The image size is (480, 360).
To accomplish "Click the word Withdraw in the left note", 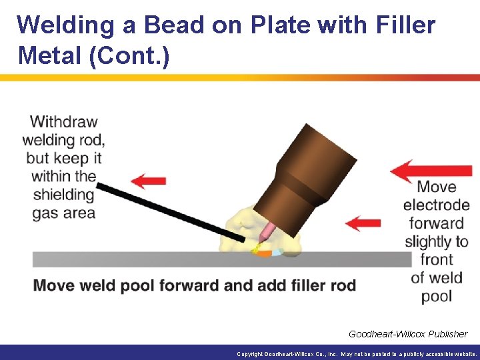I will tap(64, 122).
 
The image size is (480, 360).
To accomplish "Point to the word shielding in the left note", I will tap(63, 195).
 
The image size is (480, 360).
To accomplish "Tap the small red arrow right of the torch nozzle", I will tap(364, 222).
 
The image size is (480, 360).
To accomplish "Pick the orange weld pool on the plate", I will tap(264, 253).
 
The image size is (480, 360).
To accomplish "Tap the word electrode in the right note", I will tap(436, 205).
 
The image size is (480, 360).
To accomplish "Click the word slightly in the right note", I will tap(436, 241).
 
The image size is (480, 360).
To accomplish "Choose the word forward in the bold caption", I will tap(184, 286).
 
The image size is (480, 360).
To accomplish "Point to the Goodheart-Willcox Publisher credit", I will tap(407, 333).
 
